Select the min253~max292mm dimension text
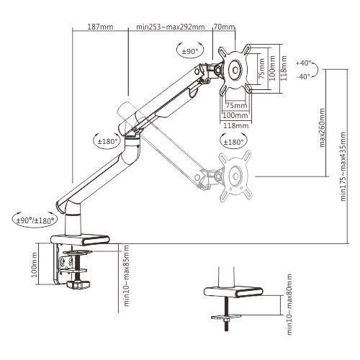171,27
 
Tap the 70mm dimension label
228,27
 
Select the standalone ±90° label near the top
190,52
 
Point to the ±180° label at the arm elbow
107,142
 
